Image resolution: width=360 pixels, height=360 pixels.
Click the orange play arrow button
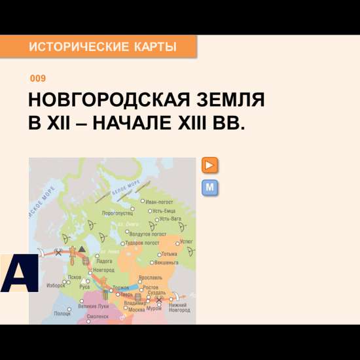pos(210,165)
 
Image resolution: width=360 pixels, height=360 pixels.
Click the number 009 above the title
pos(38,79)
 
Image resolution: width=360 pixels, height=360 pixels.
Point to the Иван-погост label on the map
pos(159,202)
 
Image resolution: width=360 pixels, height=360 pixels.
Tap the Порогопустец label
pos(118,213)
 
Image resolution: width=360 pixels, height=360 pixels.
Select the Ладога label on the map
pos(104,261)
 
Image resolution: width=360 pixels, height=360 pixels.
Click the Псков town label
pos(75,277)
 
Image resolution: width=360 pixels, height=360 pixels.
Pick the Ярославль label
pos(159,278)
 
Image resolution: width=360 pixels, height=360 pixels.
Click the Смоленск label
pos(98,316)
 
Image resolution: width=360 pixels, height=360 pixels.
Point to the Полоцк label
pos(63,314)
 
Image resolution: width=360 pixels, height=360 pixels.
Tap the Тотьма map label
pos(169,254)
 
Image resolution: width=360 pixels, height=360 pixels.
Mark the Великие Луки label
pos(94,306)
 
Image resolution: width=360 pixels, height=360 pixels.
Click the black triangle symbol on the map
pos(82,249)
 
